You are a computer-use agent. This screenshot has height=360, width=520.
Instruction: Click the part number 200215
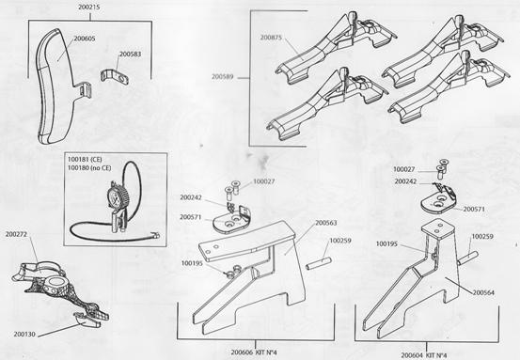point(89,7)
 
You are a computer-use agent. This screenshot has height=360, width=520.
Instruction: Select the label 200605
point(85,39)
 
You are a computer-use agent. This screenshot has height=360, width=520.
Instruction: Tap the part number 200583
point(130,54)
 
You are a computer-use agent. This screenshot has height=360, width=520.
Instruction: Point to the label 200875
point(271,38)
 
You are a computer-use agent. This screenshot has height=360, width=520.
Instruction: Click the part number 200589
point(223,76)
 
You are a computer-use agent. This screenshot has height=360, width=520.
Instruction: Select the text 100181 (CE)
point(85,160)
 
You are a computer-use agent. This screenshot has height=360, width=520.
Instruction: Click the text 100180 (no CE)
point(89,168)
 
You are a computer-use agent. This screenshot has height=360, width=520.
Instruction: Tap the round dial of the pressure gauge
point(117,196)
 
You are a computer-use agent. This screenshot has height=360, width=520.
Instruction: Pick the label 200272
point(16,234)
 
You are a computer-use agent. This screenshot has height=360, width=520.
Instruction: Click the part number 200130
point(24,334)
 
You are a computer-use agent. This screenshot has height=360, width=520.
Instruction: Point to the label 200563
point(326,223)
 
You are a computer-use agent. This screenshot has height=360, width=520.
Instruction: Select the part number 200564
point(483,292)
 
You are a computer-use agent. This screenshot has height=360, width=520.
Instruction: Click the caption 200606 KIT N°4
point(254,352)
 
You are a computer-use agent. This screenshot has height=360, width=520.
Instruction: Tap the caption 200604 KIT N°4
point(424,355)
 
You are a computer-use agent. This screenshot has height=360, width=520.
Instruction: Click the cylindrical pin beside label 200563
point(319,262)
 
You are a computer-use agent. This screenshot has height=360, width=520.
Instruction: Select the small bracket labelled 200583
point(115,78)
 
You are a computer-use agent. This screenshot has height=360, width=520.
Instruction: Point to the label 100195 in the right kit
point(386,244)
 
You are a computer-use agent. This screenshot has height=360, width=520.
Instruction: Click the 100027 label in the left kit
point(264,181)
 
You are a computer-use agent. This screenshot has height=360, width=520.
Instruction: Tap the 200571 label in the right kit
point(474,210)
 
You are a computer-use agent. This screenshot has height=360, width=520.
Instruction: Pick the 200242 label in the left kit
point(191,197)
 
